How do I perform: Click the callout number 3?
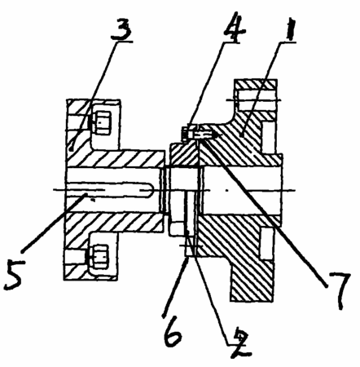point(121,29)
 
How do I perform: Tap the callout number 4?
point(235,27)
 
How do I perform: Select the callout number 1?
point(290,29)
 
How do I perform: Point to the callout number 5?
point(14,274)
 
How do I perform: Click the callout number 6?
point(173,331)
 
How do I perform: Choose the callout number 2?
point(239,342)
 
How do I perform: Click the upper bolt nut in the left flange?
point(102,123)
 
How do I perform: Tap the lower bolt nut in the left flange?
point(100,256)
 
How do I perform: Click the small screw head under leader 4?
point(186,134)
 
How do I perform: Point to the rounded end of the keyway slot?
point(148,190)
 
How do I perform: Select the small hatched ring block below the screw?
point(184,153)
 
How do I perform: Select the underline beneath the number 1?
point(288,42)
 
